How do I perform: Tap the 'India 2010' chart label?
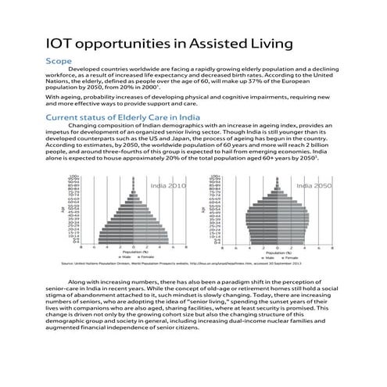(x=167, y=186)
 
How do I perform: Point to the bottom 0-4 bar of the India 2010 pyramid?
(x=129, y=242)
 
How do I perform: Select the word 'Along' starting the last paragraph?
(x=80, y=281)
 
